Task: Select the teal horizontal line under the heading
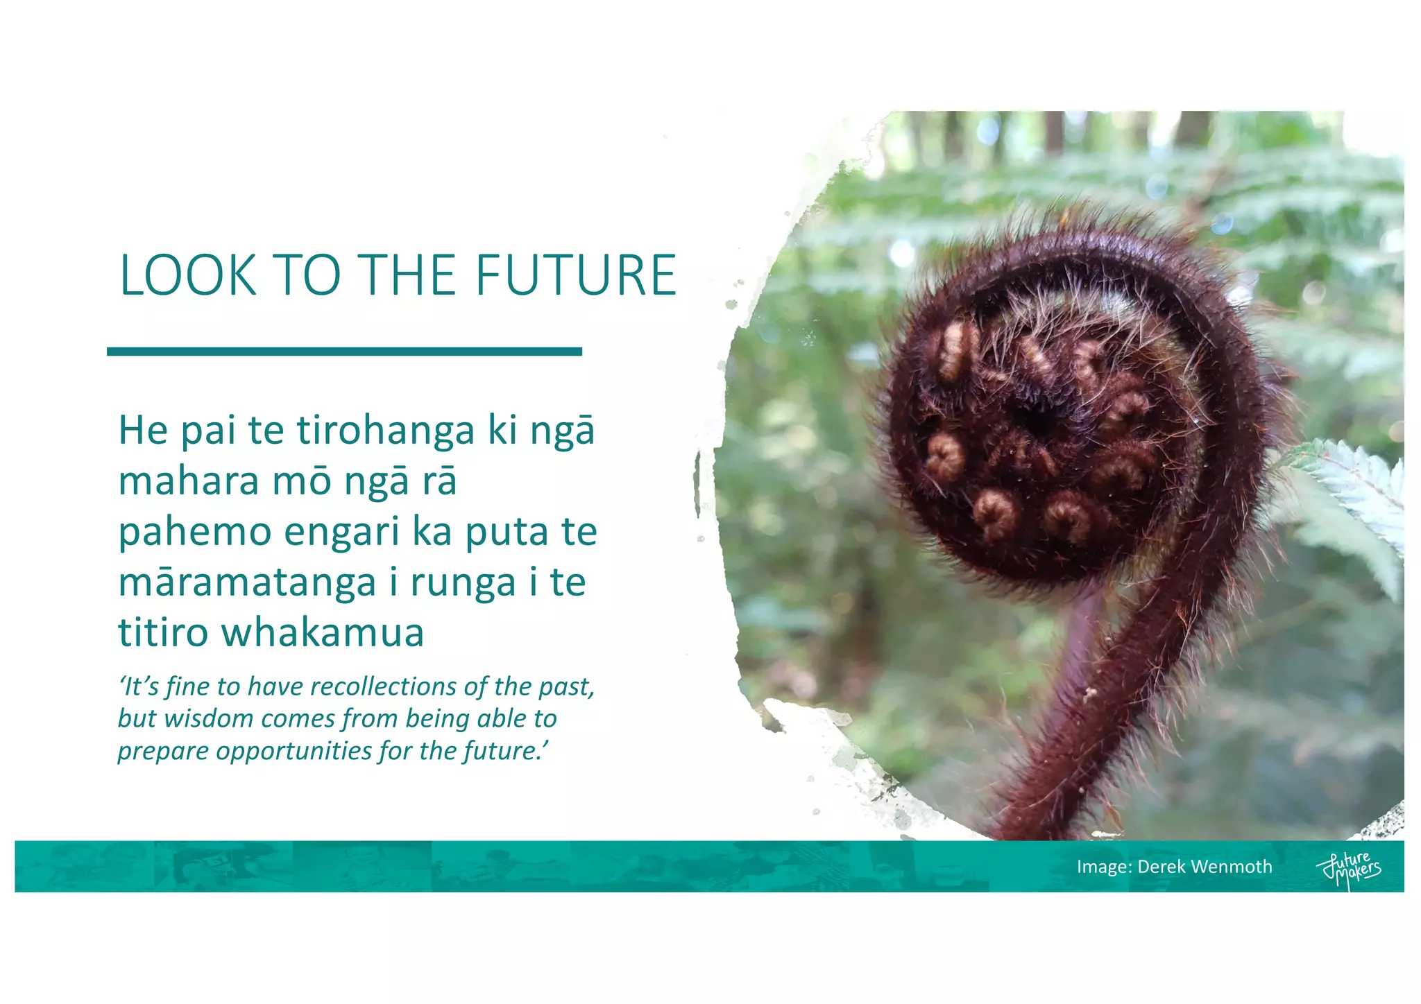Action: tap(344, 352)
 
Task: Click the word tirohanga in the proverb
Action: tap(386, 431)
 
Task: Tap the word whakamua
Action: tap(323, 632)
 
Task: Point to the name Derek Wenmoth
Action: tap(1205, 867)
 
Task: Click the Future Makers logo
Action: tap(1348, 869)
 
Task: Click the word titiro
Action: tap(163, 632)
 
